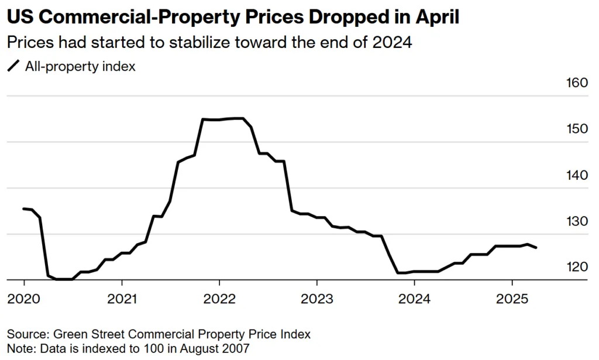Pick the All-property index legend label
(80, 66)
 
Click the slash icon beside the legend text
(13, 66)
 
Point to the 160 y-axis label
(576, 83)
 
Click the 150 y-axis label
(576, 129)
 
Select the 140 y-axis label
(576, 175)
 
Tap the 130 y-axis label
(576, 221)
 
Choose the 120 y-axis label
(576, 267)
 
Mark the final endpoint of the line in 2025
(536, 248)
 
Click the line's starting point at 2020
(23, 208)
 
